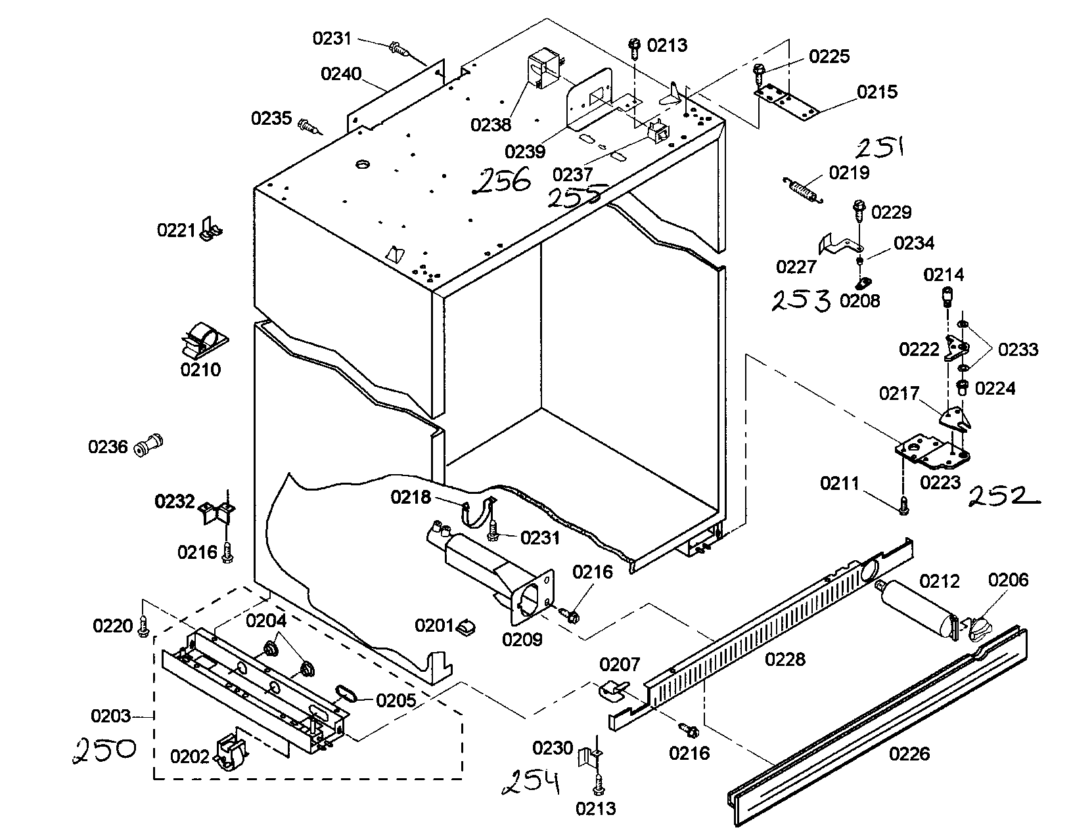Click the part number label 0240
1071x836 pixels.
341,74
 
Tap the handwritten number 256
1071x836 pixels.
505,181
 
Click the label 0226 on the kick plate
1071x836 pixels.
909,753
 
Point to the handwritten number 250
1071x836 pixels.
104,749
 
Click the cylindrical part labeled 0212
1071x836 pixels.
917,607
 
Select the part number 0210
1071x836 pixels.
200,370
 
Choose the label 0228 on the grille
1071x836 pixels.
785,659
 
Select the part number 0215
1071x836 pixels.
877,91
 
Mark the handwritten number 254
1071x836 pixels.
531,782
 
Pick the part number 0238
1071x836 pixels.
491,125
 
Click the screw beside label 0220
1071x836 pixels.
143,628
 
